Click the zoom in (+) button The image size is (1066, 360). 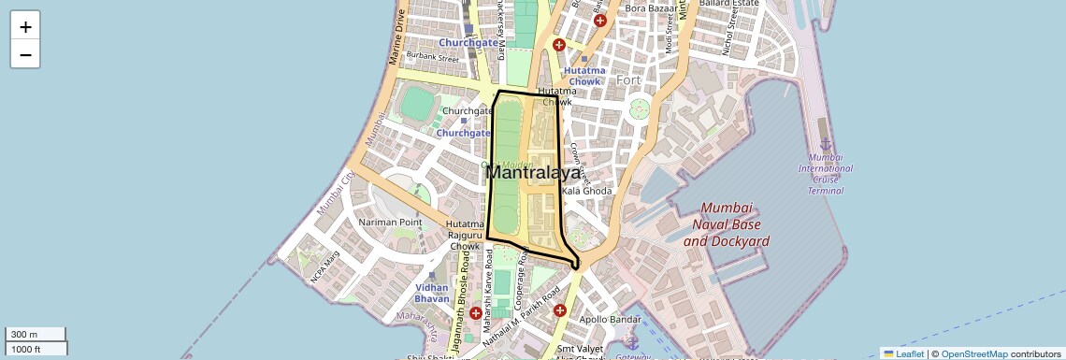25,27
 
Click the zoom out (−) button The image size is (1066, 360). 25,55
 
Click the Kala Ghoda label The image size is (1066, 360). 586,191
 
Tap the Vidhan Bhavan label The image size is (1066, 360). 432,295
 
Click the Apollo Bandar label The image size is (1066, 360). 611,320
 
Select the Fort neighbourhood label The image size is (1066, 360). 628,80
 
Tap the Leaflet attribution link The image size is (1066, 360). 904,353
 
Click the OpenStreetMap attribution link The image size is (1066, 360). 973,353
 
